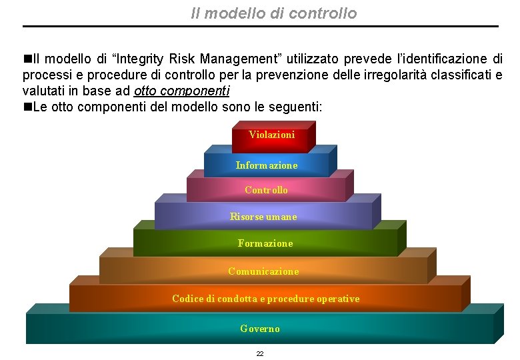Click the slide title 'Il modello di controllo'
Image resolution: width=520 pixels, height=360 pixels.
tap(273, 13)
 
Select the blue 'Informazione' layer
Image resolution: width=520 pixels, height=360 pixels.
tap(267, 165)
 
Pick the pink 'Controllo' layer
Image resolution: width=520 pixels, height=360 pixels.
tap(266, 190)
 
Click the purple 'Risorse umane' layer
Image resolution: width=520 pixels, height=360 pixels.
tap(263, 217)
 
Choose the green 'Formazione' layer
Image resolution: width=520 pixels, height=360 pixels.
tap(265, 243)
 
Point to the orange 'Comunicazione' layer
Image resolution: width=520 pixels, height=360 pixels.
tap(263, 271)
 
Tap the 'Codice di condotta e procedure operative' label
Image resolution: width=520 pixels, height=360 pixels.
tap(265, 299)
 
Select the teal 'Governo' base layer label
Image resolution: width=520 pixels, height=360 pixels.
tap(260, 329)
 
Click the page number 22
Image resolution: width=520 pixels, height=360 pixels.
tap(260, 353)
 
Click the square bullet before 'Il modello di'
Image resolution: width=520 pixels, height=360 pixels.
tap(27, 59)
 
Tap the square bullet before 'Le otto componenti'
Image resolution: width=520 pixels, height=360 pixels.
tap(27, 107)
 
